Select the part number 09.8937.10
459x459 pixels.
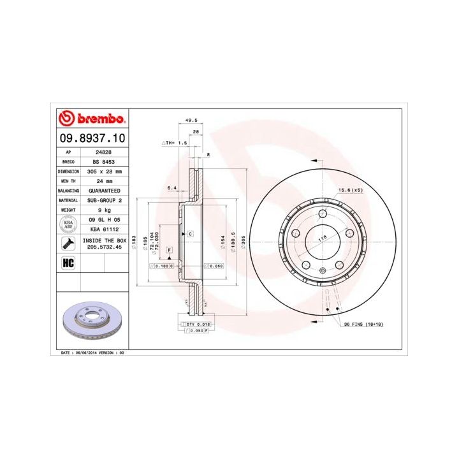(92, 138)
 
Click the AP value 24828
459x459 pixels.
(104, 153)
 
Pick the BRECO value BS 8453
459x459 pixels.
(104, 162)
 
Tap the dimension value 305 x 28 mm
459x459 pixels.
(104, 171)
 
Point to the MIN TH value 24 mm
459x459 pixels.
(104, 181)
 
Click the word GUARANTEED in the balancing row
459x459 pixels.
(104, 191)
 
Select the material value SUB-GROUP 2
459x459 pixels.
(104, 200)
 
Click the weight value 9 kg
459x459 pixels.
(104, 210)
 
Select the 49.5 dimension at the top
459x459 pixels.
(191, 120)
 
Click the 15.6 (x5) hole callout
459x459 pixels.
(349, 189)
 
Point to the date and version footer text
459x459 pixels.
(92, 352)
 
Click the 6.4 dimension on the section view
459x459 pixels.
(171, 189)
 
